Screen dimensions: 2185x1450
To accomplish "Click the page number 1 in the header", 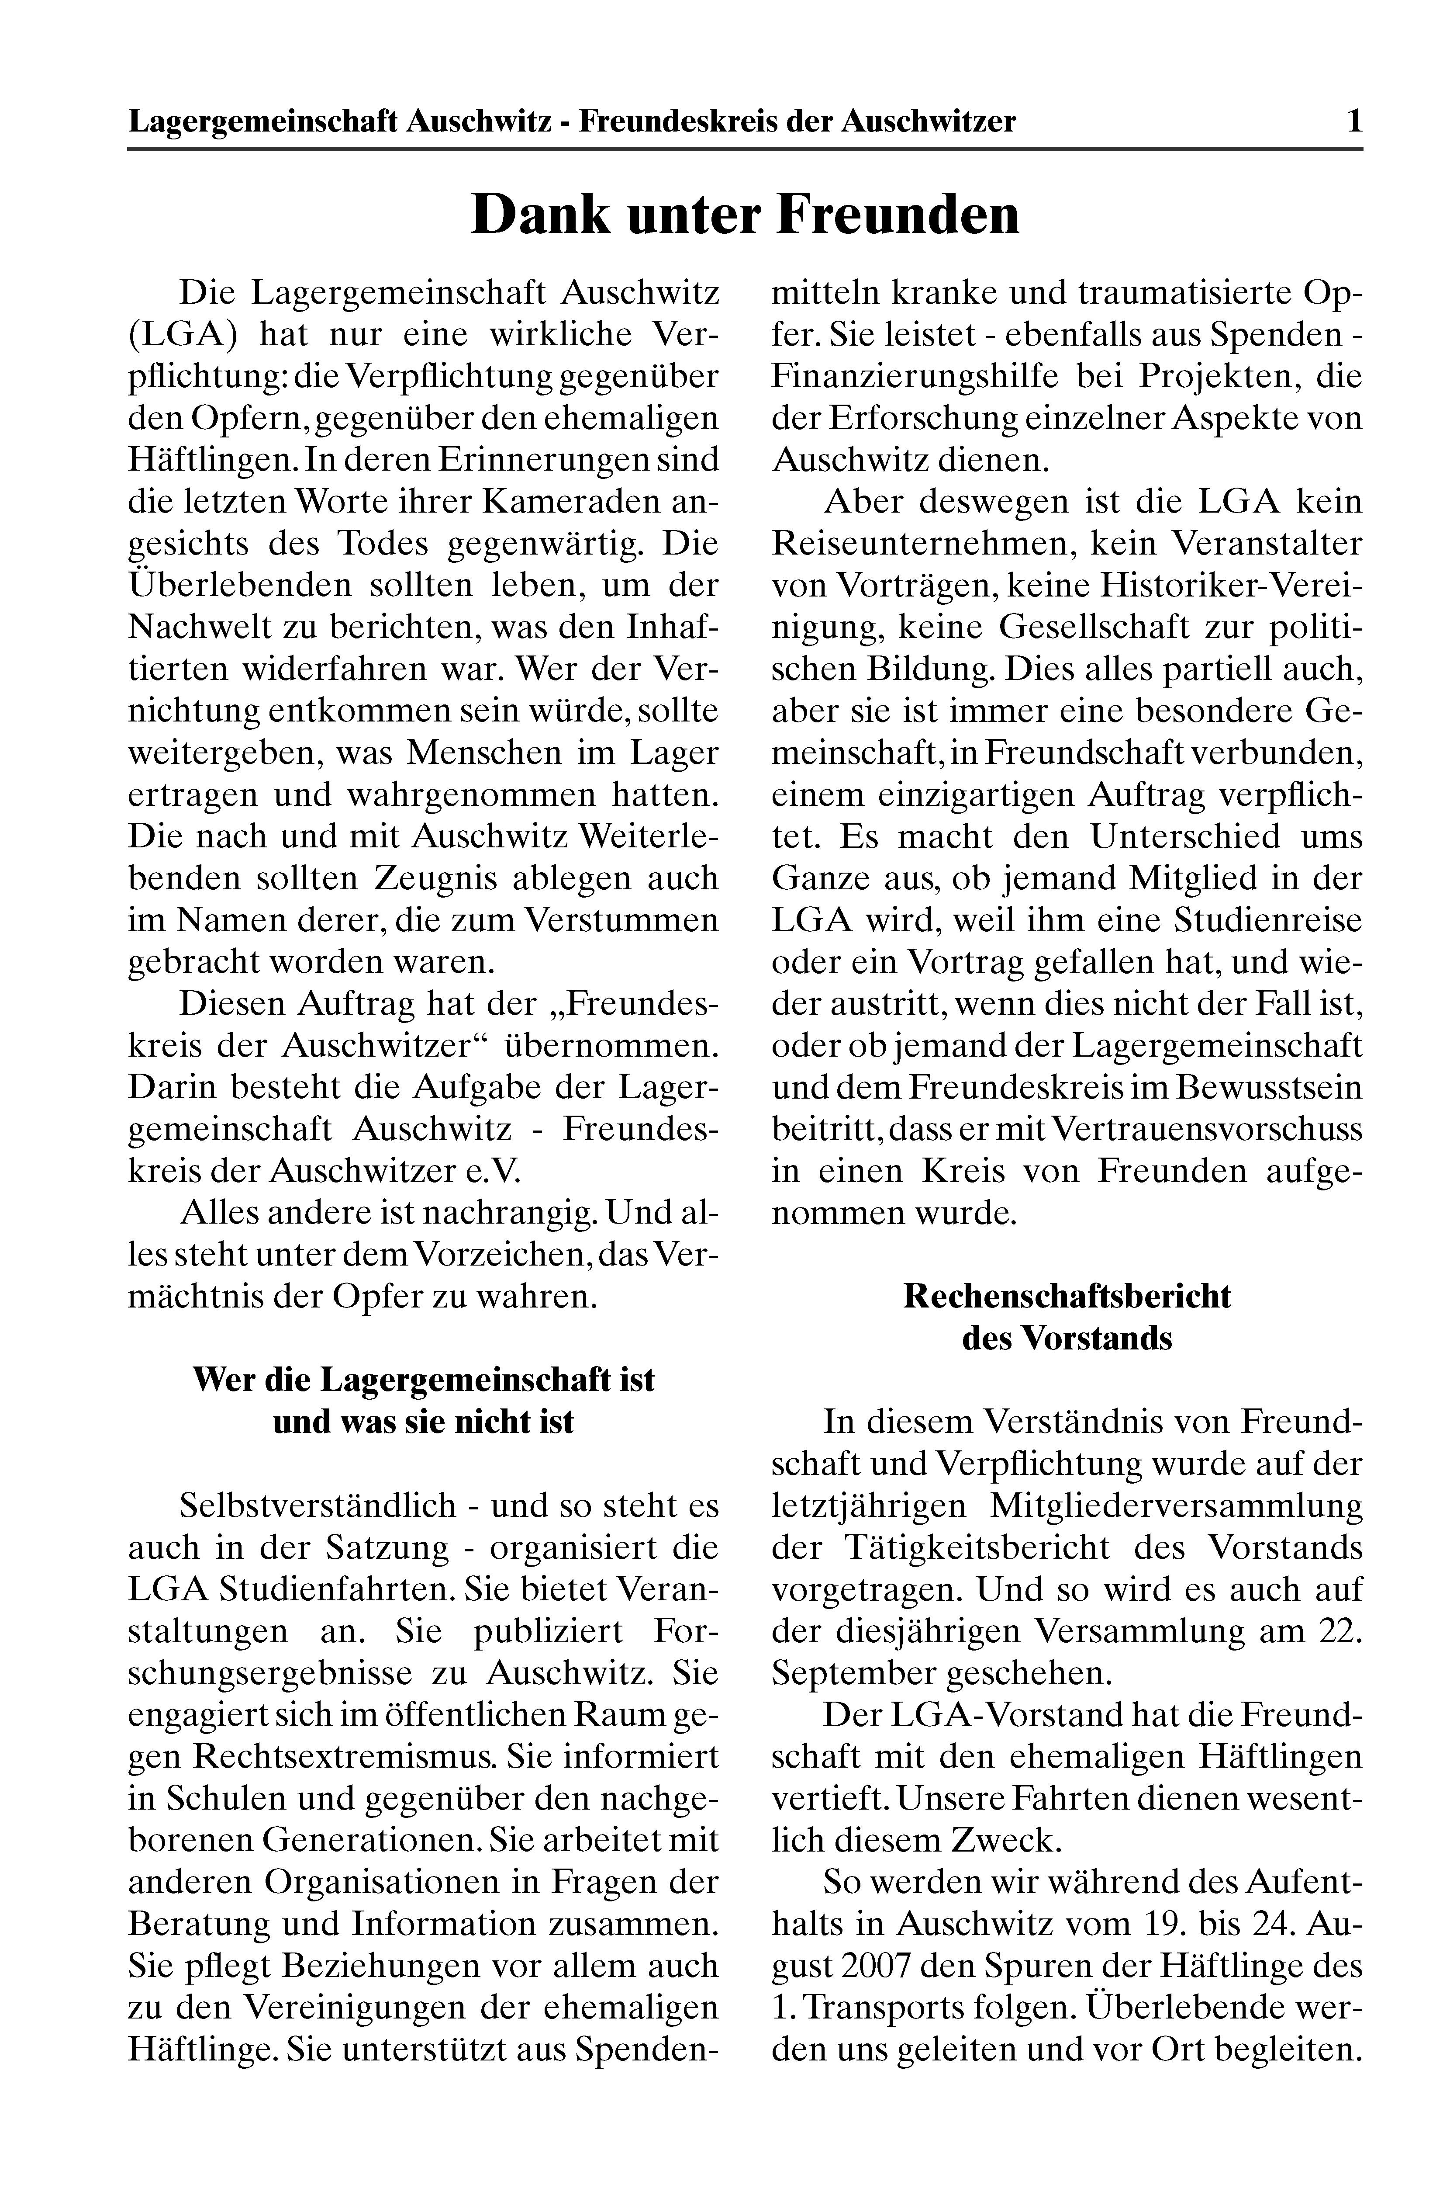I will click(1354, 121).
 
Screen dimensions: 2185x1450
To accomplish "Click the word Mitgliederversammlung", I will click(1176, 1506).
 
